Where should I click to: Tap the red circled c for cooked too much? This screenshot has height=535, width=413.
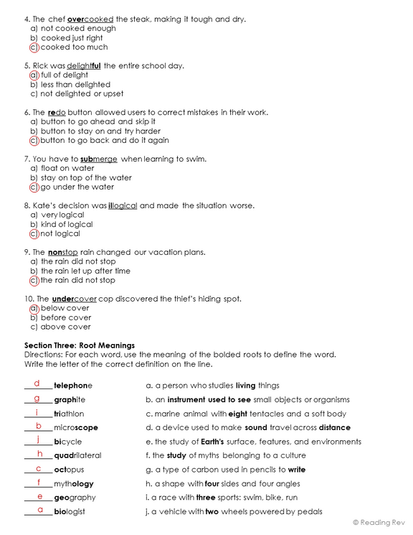pyautogui.click(x=33, y=47)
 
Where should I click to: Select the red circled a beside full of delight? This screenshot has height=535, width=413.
pyautogui.click(x=33, y=75)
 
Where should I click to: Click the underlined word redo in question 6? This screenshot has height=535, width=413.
pyautogui.click(x=57, y=113)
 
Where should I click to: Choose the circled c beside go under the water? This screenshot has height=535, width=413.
pyautogui.click(x=33, y=187)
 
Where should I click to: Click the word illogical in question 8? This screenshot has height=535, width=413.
pyautogui.click(x=123, y=205)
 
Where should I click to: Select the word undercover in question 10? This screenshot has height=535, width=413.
pyautogui.click(x=75, y=299)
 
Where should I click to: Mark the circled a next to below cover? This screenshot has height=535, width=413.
pyautogui.click(x=33, y=308)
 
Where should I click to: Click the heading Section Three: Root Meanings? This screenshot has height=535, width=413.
pyautogui.click(x=80, y=345)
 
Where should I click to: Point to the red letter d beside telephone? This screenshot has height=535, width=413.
pyautogui.click(x=37, y=384)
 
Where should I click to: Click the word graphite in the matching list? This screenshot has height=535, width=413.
pyautogui.click(x=70, y=400)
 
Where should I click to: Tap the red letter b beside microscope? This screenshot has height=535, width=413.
pyautogui.click(x=38, y=426)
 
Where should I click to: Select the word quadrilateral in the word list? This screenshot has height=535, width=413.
pyautogui.click(x=77, y=455)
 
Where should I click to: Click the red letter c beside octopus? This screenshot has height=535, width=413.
pyautogui.click(x=39, y=468)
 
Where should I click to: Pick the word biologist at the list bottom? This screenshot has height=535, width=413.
pyautogui.click(x=70, y=511)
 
